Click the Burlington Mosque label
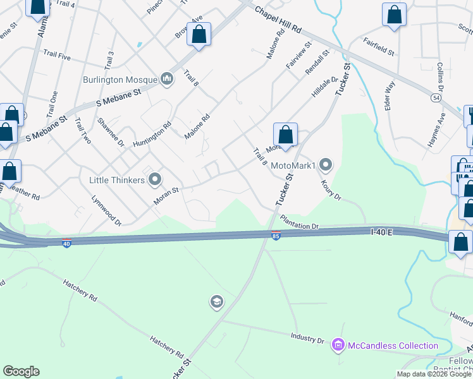pos(121,80)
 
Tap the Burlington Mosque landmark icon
pos(167,78)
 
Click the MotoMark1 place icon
pos(326,165)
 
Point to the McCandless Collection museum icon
pos(338,345)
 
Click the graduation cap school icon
pos(216,303)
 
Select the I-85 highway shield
pos(276,236)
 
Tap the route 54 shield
pos(436,99)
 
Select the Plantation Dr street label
pos(300,221)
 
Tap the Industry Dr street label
pos(307,338)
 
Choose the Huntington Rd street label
pos(152,134)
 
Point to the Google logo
pos(21,371)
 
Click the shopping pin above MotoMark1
pos(286,135)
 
